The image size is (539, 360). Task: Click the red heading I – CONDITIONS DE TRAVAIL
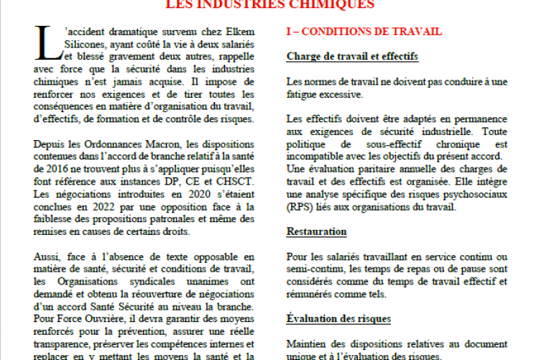364,32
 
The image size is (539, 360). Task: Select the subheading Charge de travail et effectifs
352,56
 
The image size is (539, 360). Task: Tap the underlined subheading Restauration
316,231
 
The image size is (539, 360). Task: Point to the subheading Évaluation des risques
338,318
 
